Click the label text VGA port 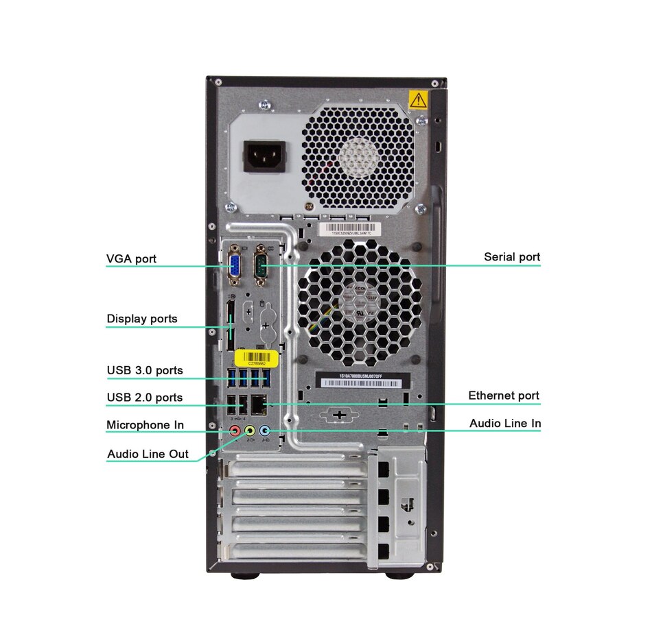point(131,258)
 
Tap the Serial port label point(511,257)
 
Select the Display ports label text point(141,319)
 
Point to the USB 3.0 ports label point(144,371)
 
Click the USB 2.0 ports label point(144,398)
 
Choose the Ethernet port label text point(503,396)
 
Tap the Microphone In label point(145,425)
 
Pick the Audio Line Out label point(148,454)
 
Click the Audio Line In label point(504,424)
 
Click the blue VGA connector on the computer point(234,266)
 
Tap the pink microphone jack point(235,431)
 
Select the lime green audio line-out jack point(250,431)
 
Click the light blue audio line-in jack point(265,431)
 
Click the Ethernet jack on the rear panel point(260,404)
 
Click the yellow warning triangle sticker point(417,100)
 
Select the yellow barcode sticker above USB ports point(256,357)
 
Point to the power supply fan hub point(359,157)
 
